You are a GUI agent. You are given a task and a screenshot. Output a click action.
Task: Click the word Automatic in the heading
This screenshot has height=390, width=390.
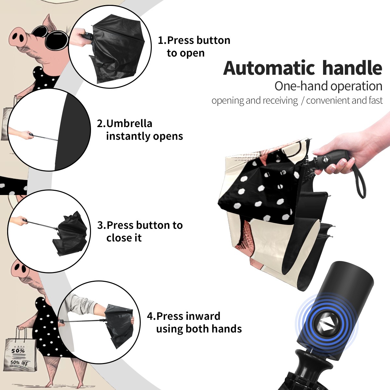pos(269,68)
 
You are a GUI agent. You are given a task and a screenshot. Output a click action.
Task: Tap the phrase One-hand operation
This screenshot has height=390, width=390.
pos(328,86)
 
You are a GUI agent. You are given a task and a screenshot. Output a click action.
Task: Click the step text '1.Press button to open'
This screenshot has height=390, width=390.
pos(194,46)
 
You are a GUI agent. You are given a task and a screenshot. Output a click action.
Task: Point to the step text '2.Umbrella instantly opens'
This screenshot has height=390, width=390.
pos(140,130)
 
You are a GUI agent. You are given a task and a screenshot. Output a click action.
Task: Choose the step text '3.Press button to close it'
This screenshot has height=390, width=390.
pos(140,231)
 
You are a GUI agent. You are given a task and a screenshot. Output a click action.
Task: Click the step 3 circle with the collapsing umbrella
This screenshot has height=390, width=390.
pos(49,231)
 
